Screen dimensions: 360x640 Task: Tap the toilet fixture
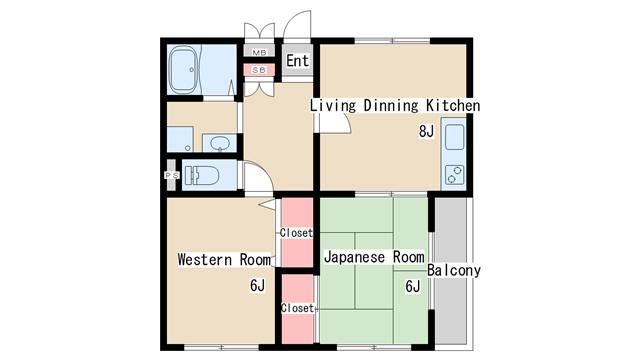(204, 175)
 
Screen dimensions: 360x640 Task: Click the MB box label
(259, 52)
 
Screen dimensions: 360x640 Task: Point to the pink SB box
(259, 70)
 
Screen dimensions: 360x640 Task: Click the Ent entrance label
(297, 61)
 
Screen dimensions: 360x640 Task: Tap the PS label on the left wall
(169, 176)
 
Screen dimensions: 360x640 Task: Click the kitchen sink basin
(454, 138)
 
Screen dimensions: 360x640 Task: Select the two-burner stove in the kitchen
(454, 175)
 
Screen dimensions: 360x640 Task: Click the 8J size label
(426, 132)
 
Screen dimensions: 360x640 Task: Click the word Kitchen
(454, 106)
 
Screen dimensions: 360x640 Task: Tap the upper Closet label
(296, 233)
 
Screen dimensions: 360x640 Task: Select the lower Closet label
(297, 308)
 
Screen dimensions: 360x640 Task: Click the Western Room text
(224, 260)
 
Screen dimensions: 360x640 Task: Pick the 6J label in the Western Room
(257, 286)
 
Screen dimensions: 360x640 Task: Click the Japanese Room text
(374, 257)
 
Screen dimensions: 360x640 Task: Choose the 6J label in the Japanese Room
(412, 286)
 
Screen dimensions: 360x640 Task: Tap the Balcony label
(454, 271)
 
